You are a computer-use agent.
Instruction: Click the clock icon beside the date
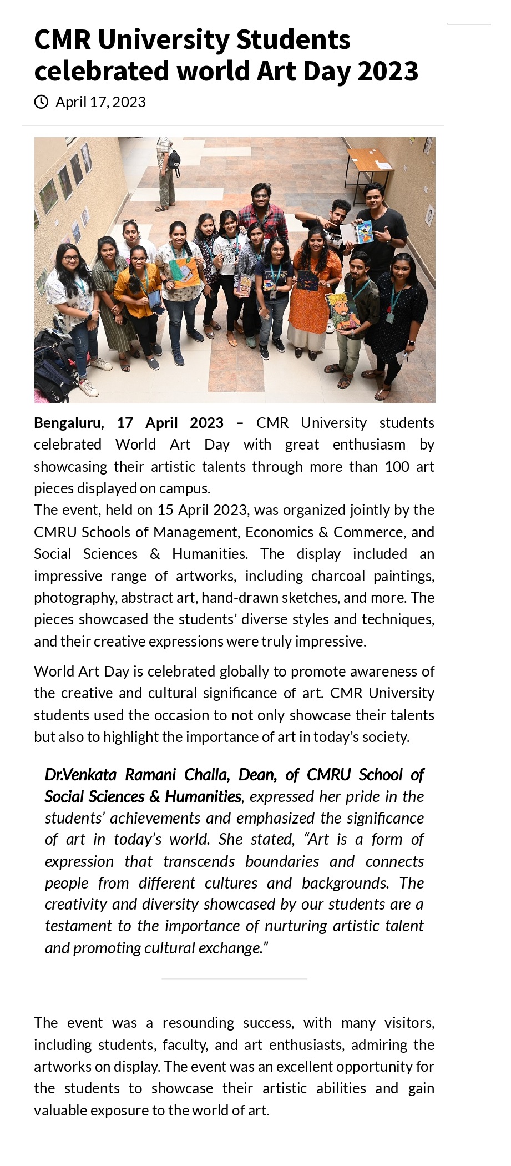tap(41, 102)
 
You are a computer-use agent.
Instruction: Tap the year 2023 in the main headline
tap(388, 71)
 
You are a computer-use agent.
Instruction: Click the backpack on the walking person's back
tap(174, 159)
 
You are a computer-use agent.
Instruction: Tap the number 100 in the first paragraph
tap(397, 466)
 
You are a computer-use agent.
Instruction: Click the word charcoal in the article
tap(338, 576)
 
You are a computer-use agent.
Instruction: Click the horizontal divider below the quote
tap(234, 978)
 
